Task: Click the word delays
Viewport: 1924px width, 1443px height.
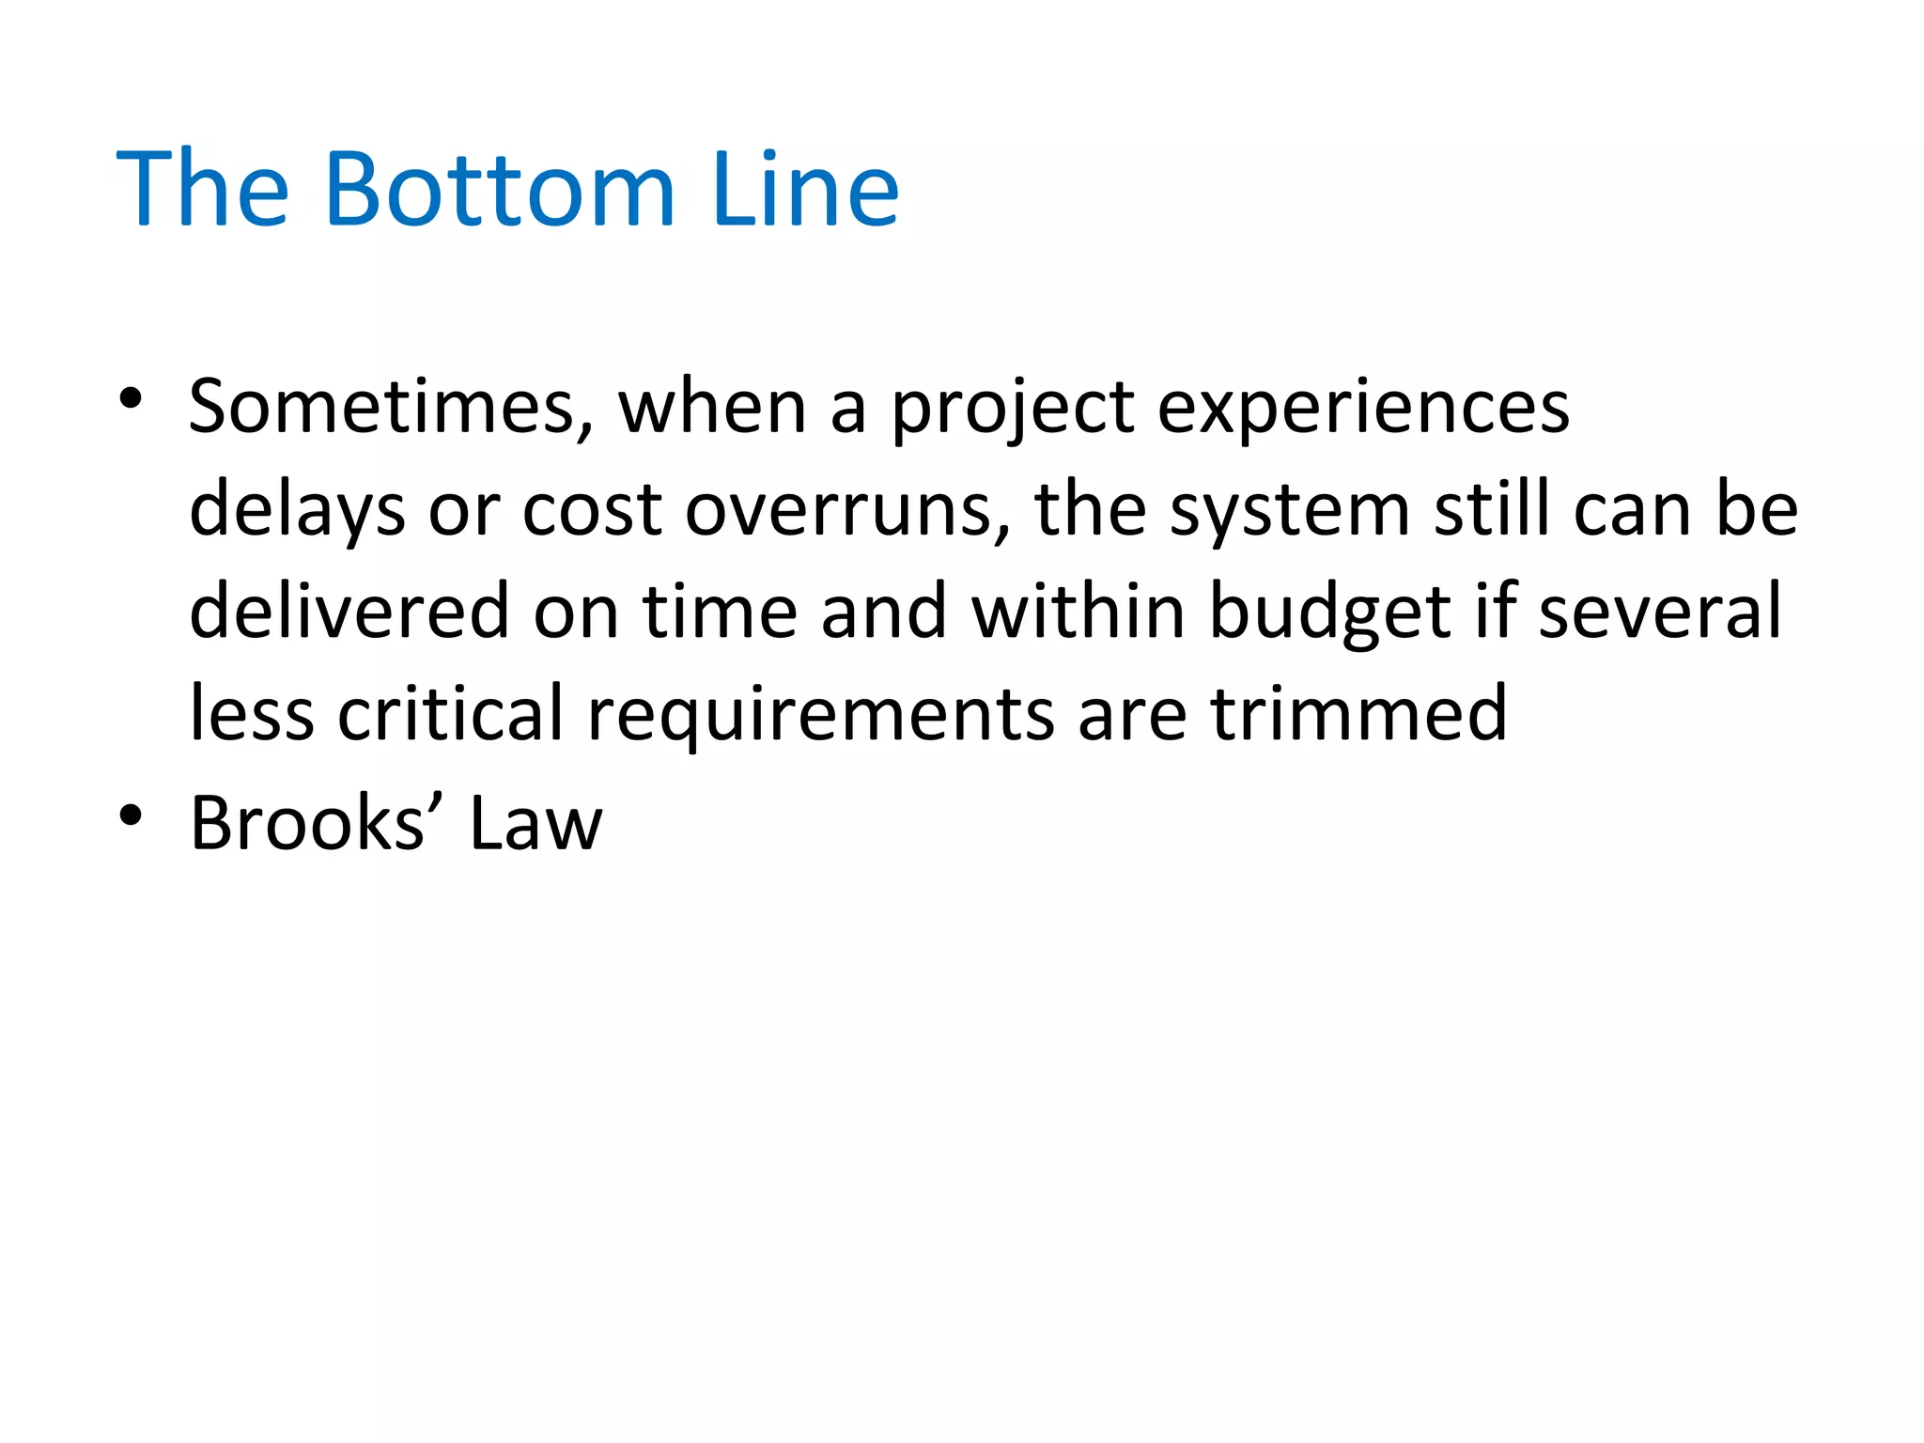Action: pos(297,511)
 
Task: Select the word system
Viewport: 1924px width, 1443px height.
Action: pos(1290,511)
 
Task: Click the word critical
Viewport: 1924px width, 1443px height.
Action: pos(451,714)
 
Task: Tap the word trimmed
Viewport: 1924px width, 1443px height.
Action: pos(1358,714)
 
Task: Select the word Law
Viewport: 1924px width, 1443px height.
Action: pos(535,823)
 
